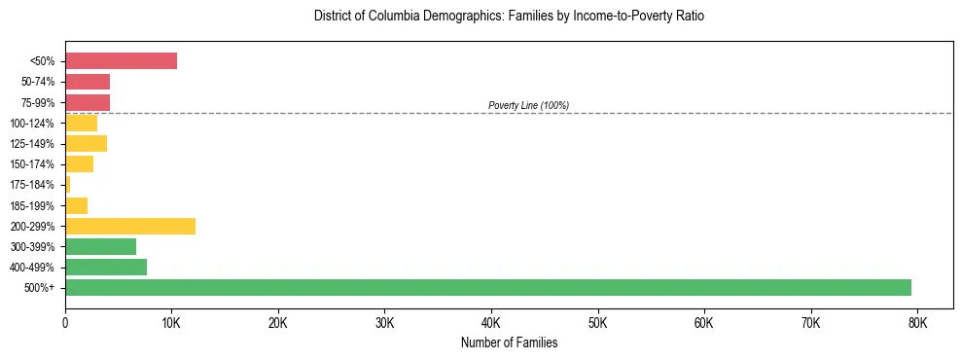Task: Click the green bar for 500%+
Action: [487, 287]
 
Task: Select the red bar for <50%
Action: [121, 61]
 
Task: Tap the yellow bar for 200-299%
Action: [130, 226]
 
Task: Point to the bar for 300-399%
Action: [100, 246]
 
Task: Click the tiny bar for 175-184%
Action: [68, 184]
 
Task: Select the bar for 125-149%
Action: [86, 143]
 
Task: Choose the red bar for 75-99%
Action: [88, 102]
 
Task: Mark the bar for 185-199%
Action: [76, 205]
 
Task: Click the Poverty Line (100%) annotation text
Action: [528, 105]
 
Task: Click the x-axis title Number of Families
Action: [509, 342]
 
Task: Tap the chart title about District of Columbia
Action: [509, 17]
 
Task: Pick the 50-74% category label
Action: [38, 82]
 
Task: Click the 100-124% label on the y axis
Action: [34, 123]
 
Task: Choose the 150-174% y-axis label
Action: [34, 164]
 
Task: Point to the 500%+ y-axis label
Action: [41, 288]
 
